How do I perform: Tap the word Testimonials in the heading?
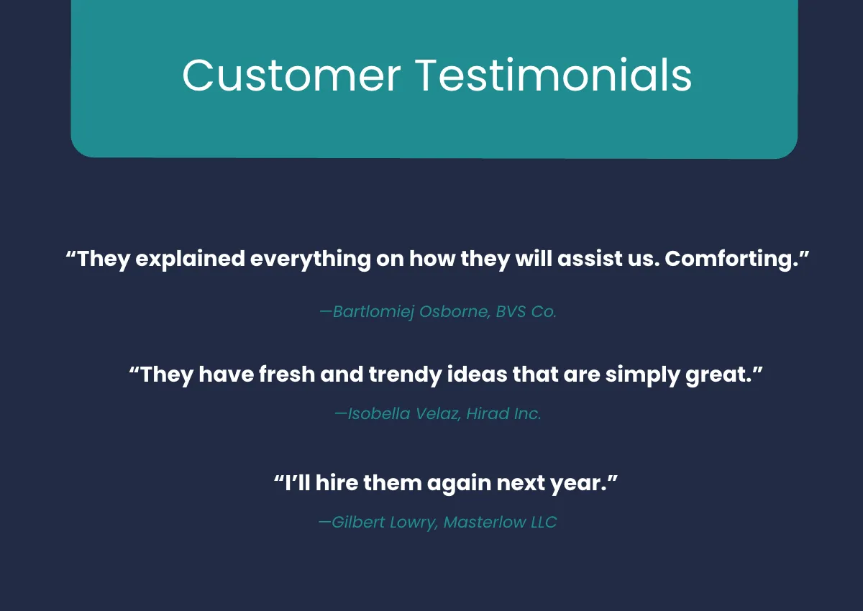554,75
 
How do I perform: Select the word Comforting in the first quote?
731,258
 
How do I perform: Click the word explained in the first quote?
191,258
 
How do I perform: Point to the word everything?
311,258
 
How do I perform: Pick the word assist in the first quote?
590,258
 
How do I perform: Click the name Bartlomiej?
373,311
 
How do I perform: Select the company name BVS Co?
526,311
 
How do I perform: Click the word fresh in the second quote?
287,375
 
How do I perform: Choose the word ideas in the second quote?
477,375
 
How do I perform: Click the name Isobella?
379,413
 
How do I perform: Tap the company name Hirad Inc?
504,413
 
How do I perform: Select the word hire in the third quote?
337,482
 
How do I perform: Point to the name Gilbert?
358,522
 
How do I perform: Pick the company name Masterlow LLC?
500,522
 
